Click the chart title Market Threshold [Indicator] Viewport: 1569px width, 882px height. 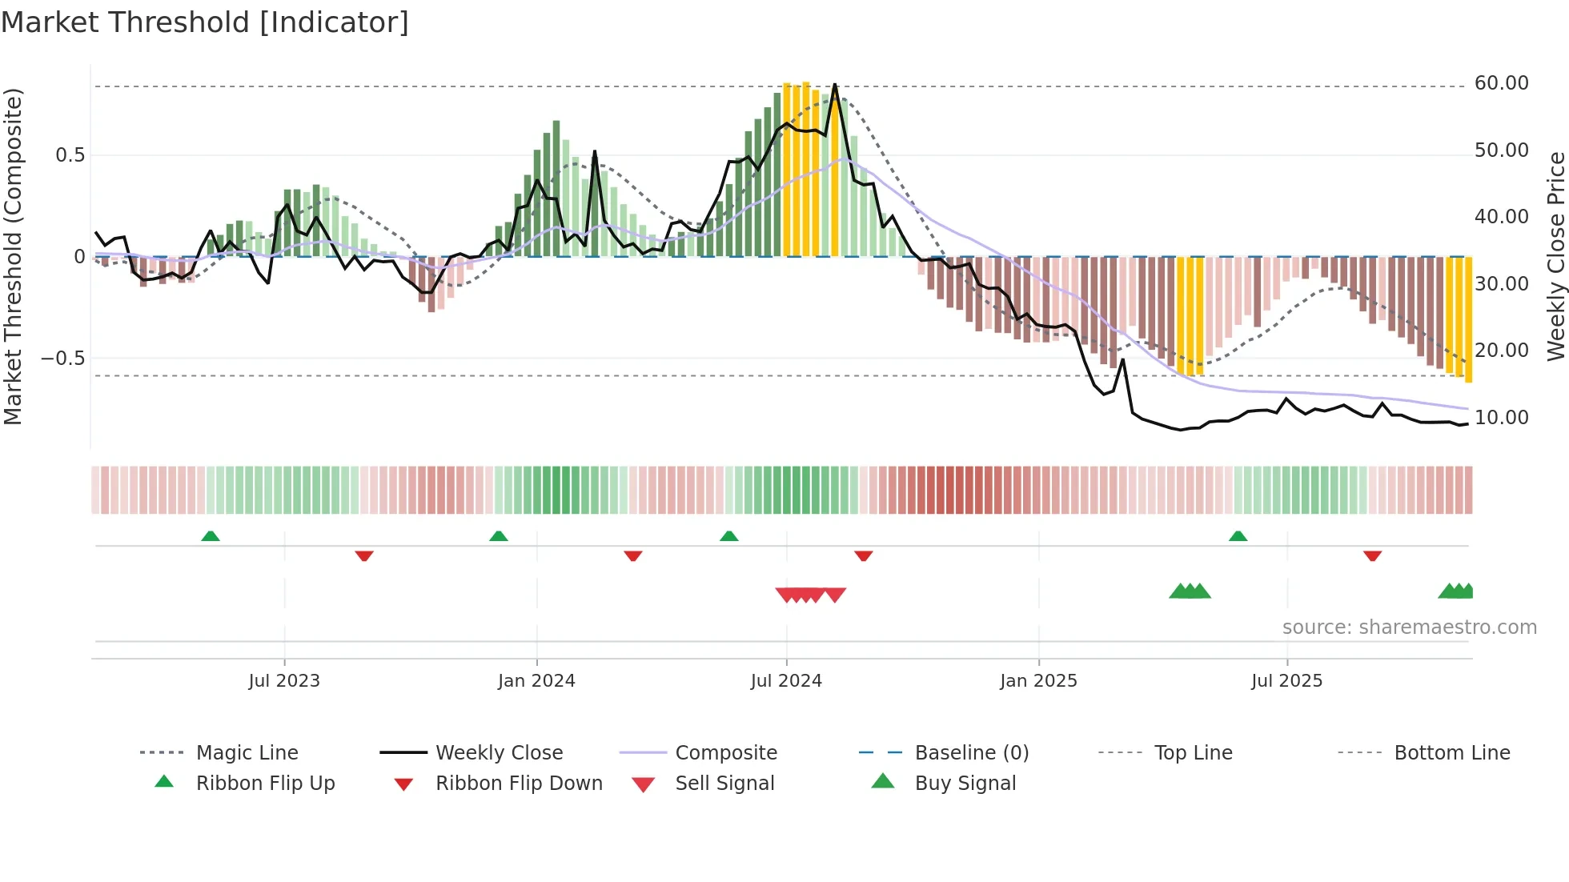point(205,22)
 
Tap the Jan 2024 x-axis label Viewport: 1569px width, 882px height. point(536,681)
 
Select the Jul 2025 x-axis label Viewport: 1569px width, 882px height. point(1286,681)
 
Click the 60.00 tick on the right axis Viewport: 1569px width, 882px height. point(1501,83)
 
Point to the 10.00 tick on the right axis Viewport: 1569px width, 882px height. point(1501,418)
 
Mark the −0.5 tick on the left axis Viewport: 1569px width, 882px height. point(62,358)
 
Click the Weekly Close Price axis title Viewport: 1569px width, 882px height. point(1555,256)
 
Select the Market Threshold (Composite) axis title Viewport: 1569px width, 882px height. point(13,256)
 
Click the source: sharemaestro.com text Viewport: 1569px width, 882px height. point(1409,627)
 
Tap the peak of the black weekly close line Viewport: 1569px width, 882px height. point(835,84)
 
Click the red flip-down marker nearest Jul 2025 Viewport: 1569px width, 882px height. point(1372,555)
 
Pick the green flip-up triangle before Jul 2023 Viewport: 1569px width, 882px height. point(211,536)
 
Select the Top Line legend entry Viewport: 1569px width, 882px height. point(1193,753)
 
